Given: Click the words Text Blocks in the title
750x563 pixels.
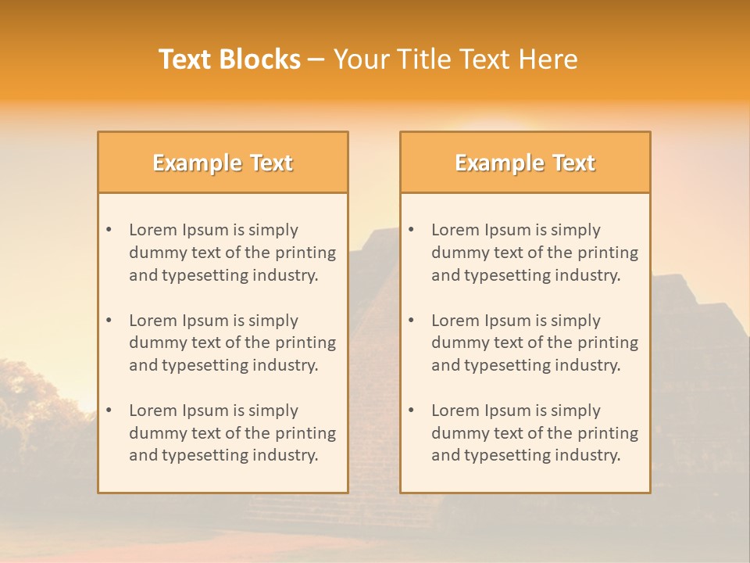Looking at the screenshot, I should click(230, 59).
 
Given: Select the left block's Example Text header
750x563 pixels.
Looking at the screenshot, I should click(223, 163).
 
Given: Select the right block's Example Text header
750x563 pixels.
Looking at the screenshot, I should click(525, 163).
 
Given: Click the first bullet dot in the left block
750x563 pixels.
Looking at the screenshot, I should click(109, 230).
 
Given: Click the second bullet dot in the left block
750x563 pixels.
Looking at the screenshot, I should click(109, 321).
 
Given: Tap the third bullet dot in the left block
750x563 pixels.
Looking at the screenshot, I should click(109, 411).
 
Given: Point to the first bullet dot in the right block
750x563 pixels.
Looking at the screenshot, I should click(412, 230).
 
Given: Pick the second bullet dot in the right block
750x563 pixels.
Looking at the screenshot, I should click(412, 321).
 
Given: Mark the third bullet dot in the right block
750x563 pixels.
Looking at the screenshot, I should click(412, 411).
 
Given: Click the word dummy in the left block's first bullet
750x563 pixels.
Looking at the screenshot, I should click(155, 253).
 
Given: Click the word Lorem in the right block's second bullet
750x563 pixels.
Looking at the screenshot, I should click(454, 321).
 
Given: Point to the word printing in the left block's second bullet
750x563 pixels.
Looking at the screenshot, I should click(305, 342).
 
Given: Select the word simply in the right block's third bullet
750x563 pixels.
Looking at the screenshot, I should click(576, 411).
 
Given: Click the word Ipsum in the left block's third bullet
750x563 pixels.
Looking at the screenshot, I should click(205, 411).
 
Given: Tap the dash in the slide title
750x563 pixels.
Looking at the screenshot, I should click(316, 60).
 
